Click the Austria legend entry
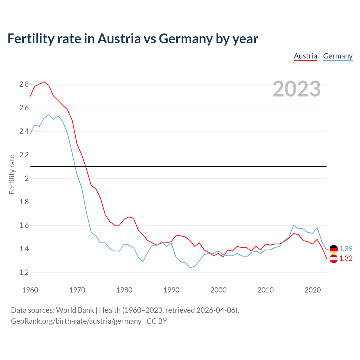point(305,56)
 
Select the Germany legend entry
point(337,56)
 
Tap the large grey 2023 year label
point(297,89)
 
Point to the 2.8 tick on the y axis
point(24,84)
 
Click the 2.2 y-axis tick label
point(24,155)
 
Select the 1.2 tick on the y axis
point(24,272)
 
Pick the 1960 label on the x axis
point(30,290)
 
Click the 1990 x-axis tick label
point(171,290)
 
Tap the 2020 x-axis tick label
point(312,290)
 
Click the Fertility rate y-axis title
point(12,174)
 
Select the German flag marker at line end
point(334,249)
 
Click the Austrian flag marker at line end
point(334,259)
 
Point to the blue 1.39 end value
point(346,249)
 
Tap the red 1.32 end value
point(346,258)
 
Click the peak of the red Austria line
point(44,82)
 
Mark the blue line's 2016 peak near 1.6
point(294,225)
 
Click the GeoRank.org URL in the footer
point(76,321)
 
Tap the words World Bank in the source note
point(75,310)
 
